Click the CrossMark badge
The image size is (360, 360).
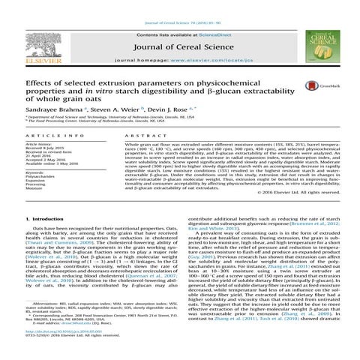[328, 86]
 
